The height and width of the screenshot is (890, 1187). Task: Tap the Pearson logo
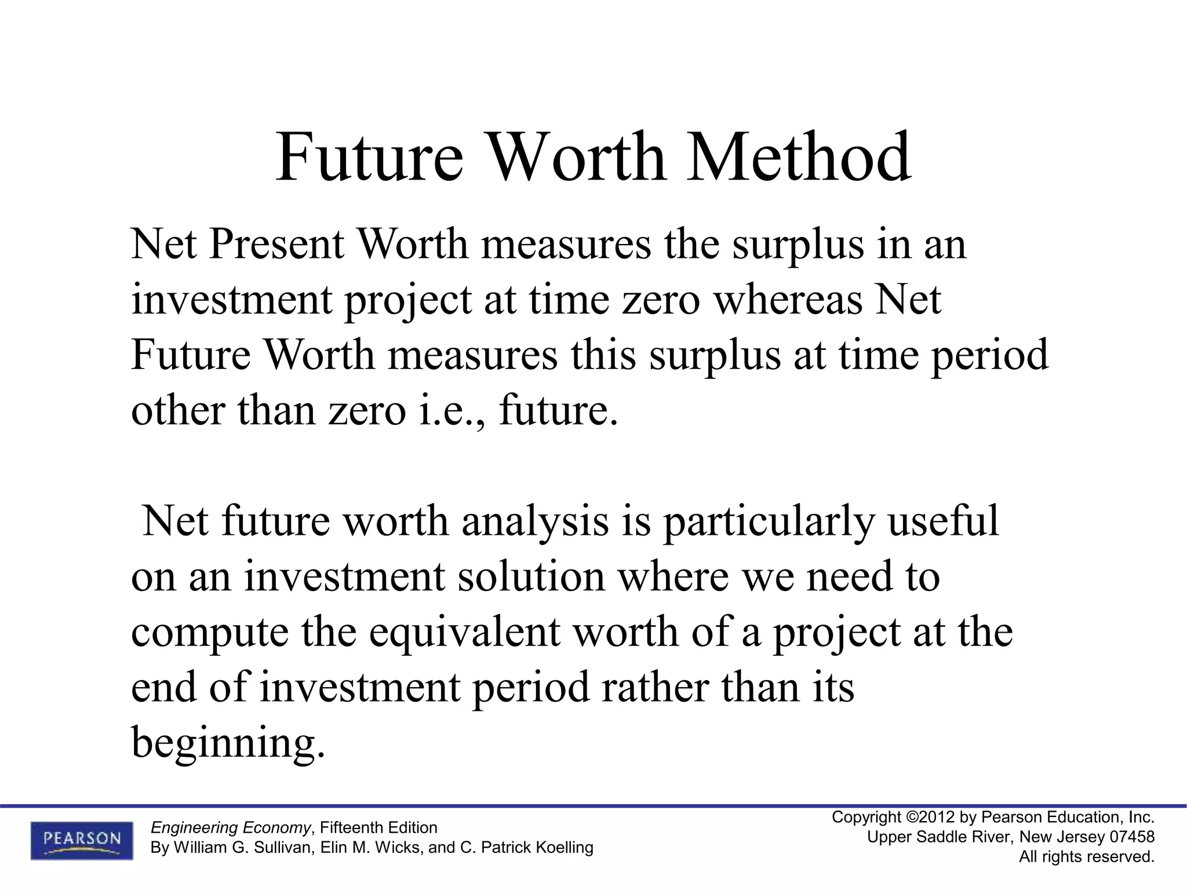[x=82, y=840]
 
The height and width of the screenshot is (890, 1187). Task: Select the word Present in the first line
[x=276, y=244]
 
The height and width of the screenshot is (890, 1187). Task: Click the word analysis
[x=535, y=521]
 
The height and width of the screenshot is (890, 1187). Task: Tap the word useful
[x=944, y=521]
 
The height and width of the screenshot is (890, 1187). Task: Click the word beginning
[x=228, y=742]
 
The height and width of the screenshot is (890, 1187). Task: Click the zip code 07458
[x=1132, y=837]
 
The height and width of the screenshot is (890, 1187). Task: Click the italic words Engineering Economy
[x=230, y=827]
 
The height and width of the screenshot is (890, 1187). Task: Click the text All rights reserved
[x=1087, y=856]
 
